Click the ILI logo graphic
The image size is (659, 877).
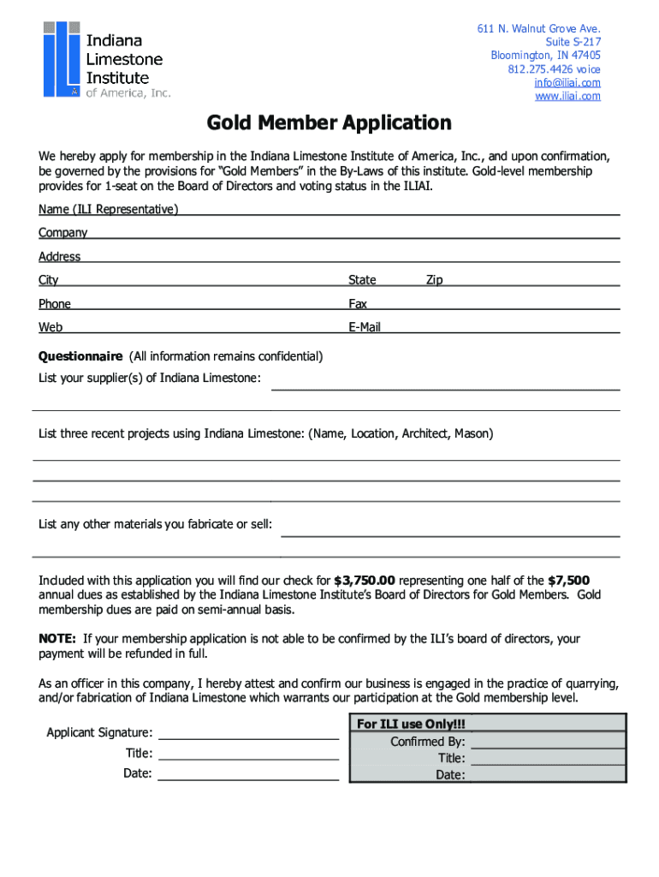62,57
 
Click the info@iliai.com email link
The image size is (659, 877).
567,83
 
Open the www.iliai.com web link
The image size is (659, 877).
567,96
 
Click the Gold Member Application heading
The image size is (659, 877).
329,123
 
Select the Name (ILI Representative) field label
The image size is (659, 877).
109,209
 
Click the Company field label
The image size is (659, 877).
62,233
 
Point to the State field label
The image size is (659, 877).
362,280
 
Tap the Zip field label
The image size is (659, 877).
434,280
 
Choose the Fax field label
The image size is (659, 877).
358,304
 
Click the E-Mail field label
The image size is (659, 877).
365,327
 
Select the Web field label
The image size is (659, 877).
50,327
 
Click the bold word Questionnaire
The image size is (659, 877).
80,356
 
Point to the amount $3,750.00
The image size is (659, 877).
365,580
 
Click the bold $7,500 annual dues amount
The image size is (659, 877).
568,580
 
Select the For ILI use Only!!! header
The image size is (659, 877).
411,725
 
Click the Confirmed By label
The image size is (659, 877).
428,742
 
